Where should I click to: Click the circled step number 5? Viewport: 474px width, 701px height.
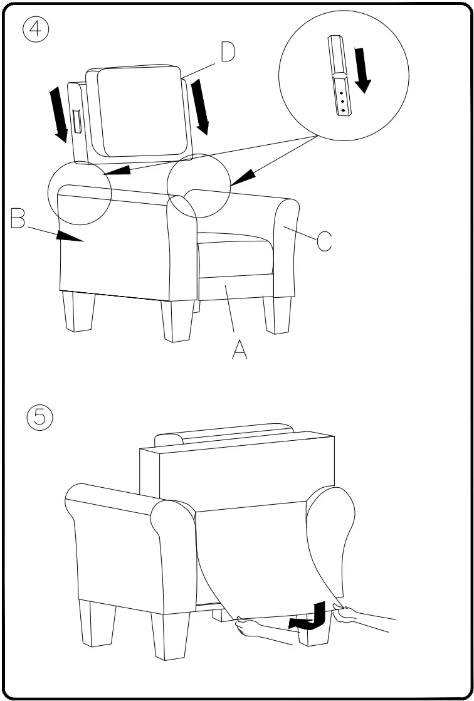pos(39,418)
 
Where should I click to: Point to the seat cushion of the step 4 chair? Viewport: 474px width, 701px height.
pos(236,251)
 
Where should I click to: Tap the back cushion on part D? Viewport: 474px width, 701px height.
pos(143,112)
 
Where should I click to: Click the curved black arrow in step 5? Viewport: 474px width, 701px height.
pos(308,617)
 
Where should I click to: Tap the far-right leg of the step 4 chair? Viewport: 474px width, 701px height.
pos(276,315)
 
